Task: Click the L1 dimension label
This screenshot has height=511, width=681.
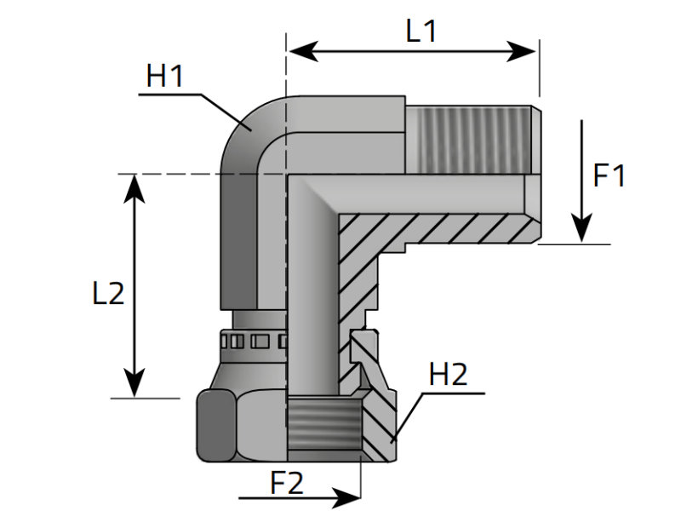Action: tap(421, 32)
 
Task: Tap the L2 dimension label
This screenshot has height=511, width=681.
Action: tap(109, 293)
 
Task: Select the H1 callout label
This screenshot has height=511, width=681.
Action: tap(165, 76)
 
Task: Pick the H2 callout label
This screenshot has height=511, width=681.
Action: tap(449, 374)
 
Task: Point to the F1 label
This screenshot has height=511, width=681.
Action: tap(609, 175)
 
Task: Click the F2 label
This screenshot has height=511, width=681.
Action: tap(287, 483)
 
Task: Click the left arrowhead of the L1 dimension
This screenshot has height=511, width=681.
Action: tap(303, 51)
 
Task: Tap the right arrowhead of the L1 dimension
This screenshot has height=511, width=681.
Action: tap(521, 51)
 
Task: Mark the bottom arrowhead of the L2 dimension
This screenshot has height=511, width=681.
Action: tap(134, 382)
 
